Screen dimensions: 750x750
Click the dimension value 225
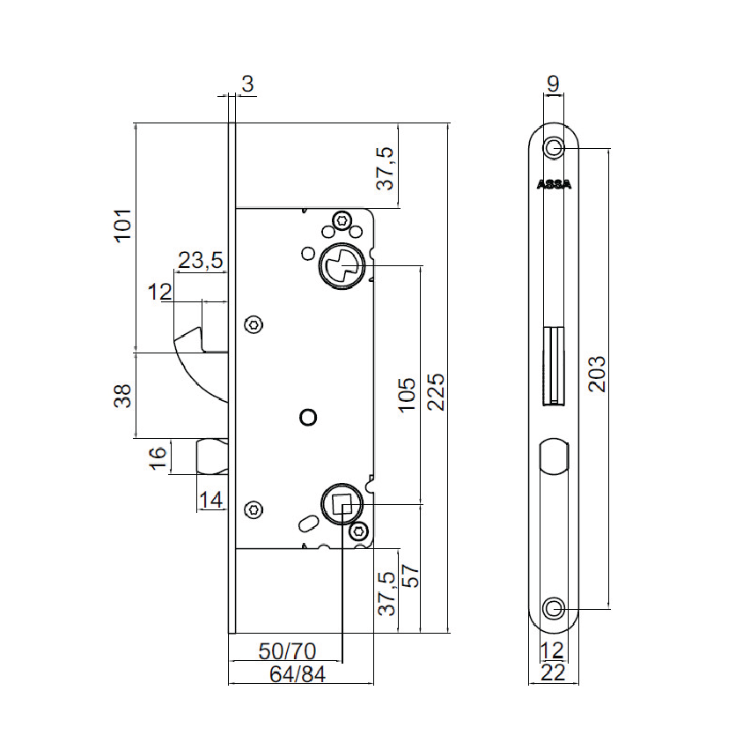pyautogui.click(x=436, y=392)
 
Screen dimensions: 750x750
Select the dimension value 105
pyautogui.click(x=407, y=395)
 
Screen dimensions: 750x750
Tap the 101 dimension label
pyautogui.click(x=123, y=225)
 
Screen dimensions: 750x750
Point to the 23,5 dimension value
pyautogui.click(x=201, y=261)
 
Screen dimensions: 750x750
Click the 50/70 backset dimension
pyautogui.click(x=287, y=651)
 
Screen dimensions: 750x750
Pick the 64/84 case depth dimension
pyautogui.click(x=298, y=674)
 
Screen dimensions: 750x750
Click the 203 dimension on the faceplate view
pyautogui.click(x=597, y=375)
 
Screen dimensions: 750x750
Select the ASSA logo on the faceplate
pyautogui.click(x=554, y=184)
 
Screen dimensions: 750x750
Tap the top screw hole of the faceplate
pyautogui.click(x=554, y=147)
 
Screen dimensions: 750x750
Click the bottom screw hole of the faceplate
pyautogui.click(x=554, y=608)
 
